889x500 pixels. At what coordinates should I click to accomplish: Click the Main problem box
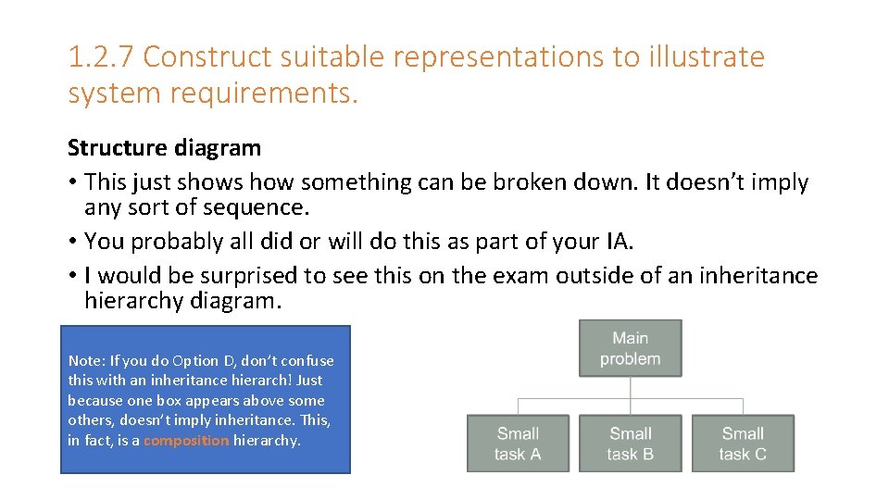point(630,348)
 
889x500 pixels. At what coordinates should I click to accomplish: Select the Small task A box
point(518,444)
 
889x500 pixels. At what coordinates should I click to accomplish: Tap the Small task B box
point(630,444)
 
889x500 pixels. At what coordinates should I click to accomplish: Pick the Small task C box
point(743,444)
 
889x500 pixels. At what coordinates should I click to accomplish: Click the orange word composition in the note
point(185,441)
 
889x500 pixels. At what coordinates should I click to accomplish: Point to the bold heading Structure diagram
point(164,147)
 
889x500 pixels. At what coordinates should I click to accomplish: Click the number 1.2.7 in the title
point(102,57)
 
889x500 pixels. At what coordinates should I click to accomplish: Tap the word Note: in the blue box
point(85,360)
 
